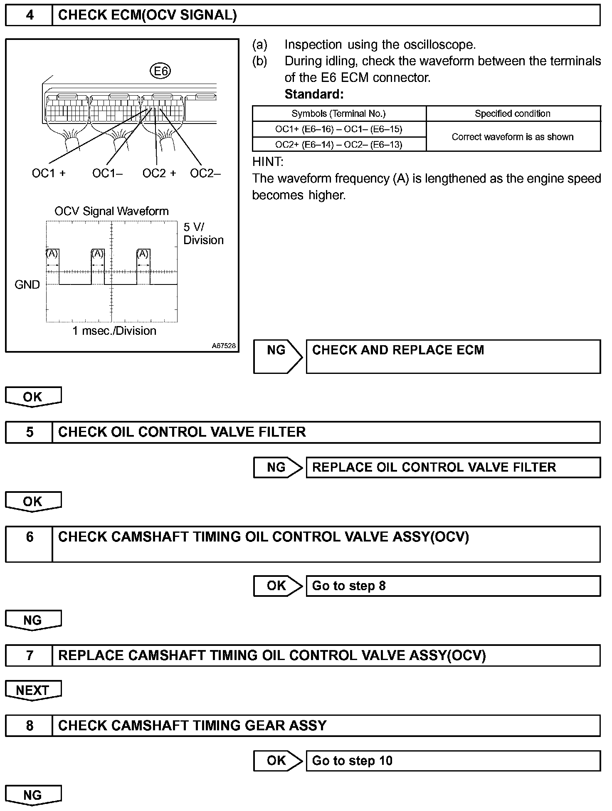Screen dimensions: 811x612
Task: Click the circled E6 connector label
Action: (160, 72)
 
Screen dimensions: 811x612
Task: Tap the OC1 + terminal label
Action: (49, 173)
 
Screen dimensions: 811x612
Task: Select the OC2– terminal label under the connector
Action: (205, 173)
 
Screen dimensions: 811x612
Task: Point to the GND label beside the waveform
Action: (27, 285)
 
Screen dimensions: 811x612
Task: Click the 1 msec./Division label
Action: (114, 331)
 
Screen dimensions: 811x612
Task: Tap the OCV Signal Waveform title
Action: (111, 211)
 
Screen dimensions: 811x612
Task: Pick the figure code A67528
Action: (223, 346)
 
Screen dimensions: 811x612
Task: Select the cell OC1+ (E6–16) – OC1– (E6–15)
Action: (339, 129)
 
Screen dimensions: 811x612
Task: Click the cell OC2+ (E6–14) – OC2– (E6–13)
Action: (339, 145)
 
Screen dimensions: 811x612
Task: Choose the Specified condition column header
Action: (513, 114)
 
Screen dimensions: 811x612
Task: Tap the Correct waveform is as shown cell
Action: (513, 137)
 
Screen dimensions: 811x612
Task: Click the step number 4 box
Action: (30, 15)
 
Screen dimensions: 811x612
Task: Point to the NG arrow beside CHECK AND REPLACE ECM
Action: (277, 356)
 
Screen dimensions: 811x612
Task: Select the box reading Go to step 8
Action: (453, 586)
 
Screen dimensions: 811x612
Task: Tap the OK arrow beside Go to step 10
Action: (277, 761)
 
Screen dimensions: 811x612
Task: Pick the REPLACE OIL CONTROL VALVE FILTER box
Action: (453, 467)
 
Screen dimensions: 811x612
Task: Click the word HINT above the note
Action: (267, 162)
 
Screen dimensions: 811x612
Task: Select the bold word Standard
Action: (314, 94)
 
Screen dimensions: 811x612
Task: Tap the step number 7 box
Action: (30, 655)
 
